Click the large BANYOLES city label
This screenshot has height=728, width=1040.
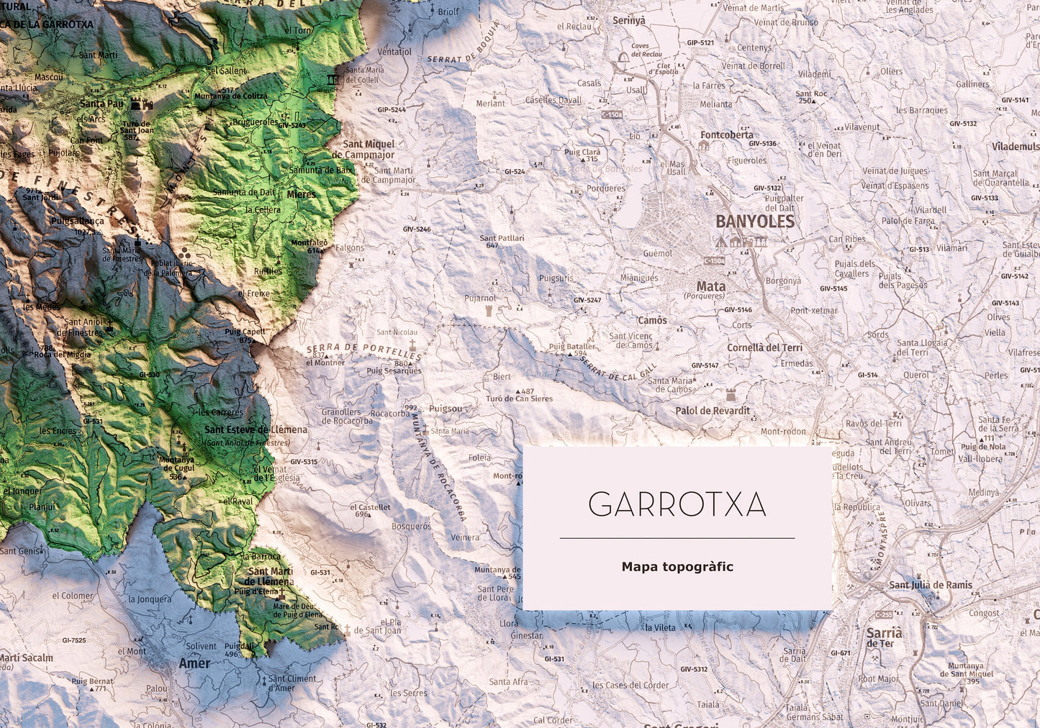click(x=754, y=222)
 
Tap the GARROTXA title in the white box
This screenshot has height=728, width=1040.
click(x=677, y=505)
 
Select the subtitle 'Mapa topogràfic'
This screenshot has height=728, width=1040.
click(x=677, y=567)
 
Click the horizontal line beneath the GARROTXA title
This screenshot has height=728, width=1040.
click(x=677, y=538)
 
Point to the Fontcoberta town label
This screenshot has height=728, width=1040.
click(x=726, y=135)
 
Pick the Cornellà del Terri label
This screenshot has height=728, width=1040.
click(x=764, y=347)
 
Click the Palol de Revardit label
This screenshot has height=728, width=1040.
click(x=712, y=411)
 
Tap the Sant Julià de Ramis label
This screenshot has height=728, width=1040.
click(x=931, y=585)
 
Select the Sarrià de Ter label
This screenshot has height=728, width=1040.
click(x=884, y=637)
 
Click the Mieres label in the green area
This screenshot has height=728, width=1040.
click(x=301, y=194)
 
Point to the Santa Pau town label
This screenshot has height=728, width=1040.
click(x=101, y=104)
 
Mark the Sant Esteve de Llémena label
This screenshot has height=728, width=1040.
click(x=256, y=429)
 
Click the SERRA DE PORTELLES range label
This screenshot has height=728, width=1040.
click(x=364, y=351)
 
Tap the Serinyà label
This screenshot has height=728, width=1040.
click(x=628, y=21)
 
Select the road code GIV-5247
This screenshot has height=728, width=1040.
click(x=587, y=300)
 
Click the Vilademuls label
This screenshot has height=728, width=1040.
click(x=1015, y=147)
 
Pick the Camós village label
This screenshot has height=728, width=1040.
click(x=652, y=320)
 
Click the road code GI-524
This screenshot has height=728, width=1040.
click(x=514, y=172)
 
